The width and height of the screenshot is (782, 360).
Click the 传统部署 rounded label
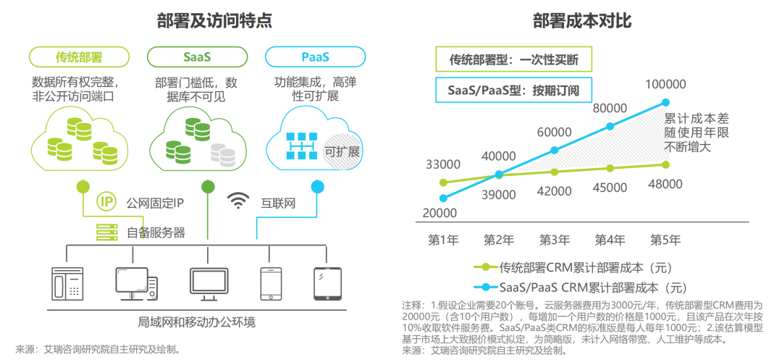(78, 56)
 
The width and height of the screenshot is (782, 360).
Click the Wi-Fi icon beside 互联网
(237, 201)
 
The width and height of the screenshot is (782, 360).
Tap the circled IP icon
(106, 202)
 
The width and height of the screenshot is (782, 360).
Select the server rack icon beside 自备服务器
(106, 233)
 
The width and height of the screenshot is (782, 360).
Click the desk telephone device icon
(68, 283)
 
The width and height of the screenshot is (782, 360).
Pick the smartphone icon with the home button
(270, 283)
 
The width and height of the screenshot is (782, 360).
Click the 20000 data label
(440, 213)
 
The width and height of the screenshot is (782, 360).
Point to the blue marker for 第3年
(555, 151)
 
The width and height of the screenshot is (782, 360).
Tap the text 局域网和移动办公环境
(196, 322)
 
